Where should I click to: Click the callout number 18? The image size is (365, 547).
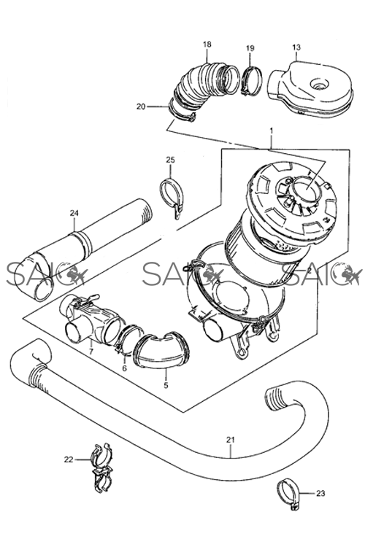(207, 44)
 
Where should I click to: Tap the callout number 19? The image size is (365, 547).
(250, 48)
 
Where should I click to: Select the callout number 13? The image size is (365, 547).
(296, 47)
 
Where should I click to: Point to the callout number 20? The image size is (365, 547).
(141, 106)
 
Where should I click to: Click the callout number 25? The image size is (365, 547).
(170, 160)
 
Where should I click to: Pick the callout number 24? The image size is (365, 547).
(74, 213)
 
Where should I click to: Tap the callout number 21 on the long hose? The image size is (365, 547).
(231, 440)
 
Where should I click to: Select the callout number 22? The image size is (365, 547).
(69, 459)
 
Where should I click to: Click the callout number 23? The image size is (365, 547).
(320, 493)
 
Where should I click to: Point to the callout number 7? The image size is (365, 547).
(91, 352)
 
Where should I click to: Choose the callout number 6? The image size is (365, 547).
(124, 368)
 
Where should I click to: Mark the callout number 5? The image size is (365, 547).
(166, 385)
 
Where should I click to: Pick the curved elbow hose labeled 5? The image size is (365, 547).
(162, 350)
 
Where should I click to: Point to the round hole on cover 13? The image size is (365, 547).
(320, 83)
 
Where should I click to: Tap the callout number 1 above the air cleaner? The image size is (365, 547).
(272, 131)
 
